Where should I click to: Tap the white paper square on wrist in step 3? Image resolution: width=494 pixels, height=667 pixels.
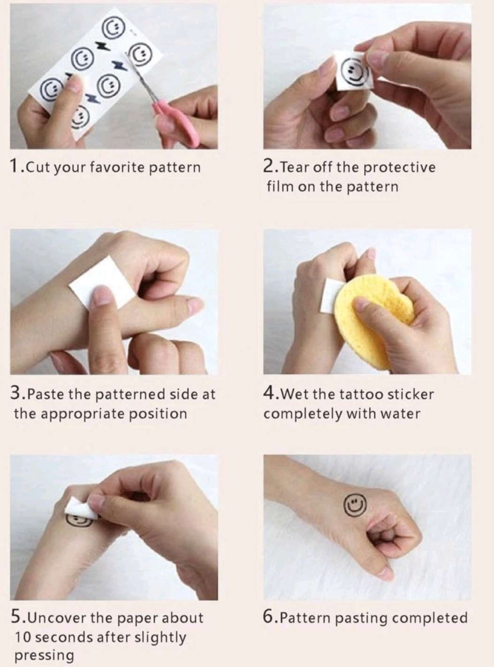[x=101, y=283]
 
